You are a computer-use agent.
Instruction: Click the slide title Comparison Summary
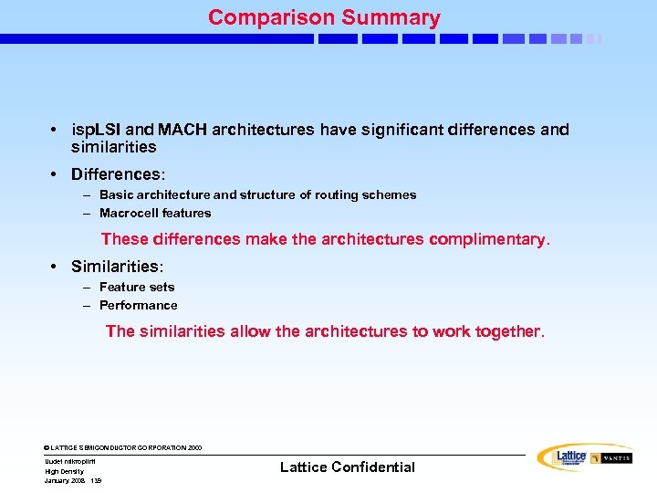click(324, 17)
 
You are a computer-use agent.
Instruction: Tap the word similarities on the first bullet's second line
click(113, 147)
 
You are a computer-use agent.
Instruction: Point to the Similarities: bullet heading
click(117, 267)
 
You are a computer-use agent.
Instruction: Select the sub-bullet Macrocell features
click(155, 213)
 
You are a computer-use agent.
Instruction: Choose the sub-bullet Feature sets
click(137, 287)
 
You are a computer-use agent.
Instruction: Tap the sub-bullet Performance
click(139, 305)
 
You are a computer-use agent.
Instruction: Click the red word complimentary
click(490, 239)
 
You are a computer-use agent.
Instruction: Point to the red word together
click(506, 330)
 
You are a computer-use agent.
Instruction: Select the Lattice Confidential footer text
click(347, 467)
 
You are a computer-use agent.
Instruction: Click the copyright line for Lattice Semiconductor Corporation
click(123, 448)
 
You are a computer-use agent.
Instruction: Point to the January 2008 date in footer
click(64, 480)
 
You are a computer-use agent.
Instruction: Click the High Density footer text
click(64, 471)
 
